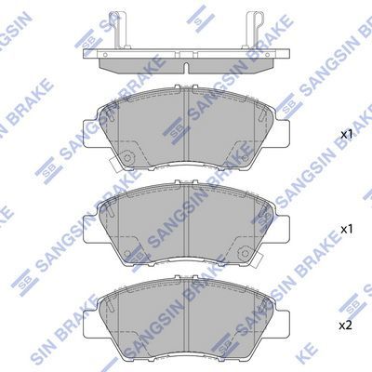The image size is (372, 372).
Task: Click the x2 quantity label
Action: point(346,325)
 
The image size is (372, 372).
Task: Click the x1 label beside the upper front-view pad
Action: point(347,135)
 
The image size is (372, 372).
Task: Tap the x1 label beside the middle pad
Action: point(347,230)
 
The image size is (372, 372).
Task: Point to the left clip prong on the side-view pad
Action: point(120,30)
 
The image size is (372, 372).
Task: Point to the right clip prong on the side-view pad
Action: point(253,30)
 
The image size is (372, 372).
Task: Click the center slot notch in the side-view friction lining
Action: point(186,68)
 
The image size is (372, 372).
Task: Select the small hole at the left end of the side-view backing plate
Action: point(105,55)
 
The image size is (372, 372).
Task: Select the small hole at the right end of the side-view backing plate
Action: point(268,55)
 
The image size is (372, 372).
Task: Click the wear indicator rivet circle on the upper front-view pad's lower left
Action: point(127,157)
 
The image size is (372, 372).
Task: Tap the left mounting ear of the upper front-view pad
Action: point(90,134)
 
